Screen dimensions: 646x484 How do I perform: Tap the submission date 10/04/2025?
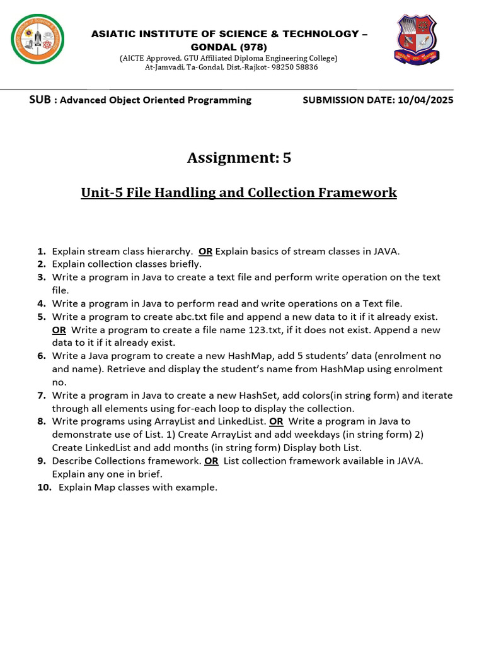(425, 100)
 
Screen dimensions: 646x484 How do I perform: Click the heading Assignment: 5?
(239, 158)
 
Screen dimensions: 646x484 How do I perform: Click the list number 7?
(42, 396)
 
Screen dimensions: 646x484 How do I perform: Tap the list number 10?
(44, 487)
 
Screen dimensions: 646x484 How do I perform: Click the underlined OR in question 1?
(205, 251)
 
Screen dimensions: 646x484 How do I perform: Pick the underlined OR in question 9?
(211, 461)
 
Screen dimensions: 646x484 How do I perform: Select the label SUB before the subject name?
(41, 100)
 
